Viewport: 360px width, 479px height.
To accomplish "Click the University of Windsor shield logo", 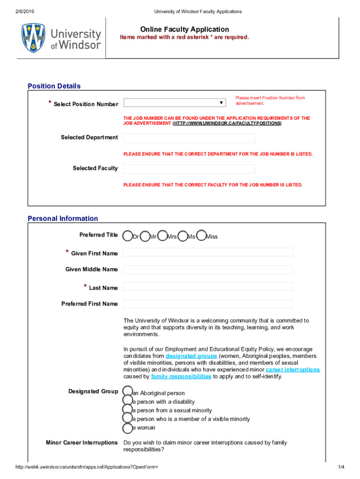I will (33, 38).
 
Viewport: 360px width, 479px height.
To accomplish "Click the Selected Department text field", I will (189, 138).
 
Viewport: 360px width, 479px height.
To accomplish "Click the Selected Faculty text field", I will (189, 169).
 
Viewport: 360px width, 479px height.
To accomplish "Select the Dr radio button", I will (128, 236).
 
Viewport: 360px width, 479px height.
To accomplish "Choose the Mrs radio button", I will (163, 236).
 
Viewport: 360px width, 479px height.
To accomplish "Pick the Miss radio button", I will (202, 236).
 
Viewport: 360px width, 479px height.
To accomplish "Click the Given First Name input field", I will (208, 253).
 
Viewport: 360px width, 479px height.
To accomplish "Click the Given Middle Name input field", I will (208, 270).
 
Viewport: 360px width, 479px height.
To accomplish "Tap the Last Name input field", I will (208, 287).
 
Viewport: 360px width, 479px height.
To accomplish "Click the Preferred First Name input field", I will (208, 304).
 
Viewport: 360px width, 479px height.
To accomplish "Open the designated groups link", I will (191, 356).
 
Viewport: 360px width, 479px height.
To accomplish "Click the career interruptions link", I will (293, 370).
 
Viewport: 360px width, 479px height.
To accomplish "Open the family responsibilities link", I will (181, 377).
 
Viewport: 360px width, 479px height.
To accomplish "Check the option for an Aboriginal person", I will (127, 392).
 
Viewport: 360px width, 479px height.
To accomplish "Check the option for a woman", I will (127, 428).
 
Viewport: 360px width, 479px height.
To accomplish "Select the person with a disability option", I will (127, 401).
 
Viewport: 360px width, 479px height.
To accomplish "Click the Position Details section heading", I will (54, 86).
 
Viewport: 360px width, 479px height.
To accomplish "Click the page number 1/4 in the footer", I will (341, 467).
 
